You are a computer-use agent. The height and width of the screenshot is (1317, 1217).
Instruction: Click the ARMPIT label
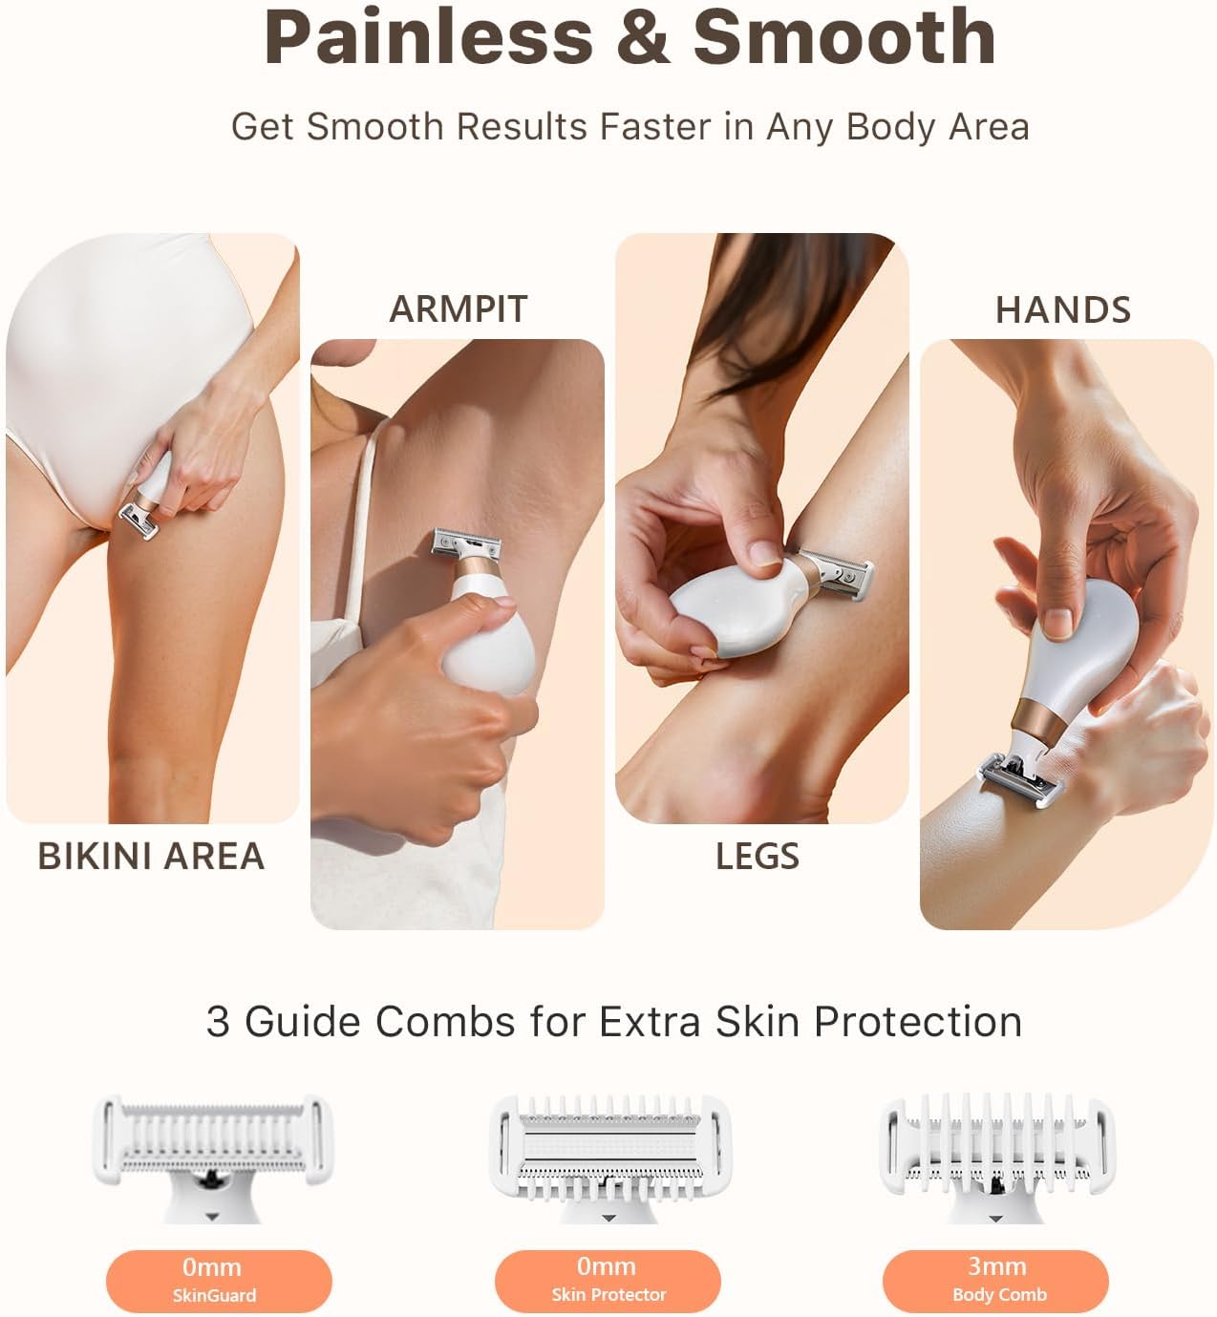[458, 308]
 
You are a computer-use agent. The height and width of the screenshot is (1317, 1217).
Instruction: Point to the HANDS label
[1062, 309]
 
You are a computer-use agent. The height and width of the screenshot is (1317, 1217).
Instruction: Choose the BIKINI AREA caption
[151, 856]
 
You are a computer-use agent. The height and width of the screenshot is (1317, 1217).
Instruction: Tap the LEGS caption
[758, 856]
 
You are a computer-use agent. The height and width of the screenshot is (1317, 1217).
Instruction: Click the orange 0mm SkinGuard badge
[218, 1280]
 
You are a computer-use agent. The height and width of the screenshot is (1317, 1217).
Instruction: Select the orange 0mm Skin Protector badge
[608, 1280]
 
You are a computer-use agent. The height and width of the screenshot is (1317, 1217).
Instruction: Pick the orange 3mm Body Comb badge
[995, 1280]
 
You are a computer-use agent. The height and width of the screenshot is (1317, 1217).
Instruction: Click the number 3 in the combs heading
[218, 1022]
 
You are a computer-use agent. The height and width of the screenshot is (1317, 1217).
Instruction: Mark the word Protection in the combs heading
[917, 1022]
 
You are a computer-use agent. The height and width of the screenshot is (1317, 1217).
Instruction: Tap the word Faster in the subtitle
[657, 127]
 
